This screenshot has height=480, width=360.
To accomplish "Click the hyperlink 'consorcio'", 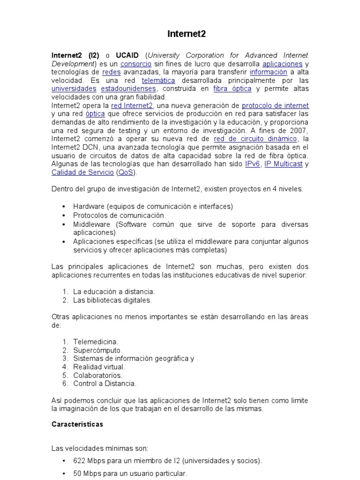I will [135, 64].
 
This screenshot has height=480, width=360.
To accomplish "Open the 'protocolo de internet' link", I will [275, 105].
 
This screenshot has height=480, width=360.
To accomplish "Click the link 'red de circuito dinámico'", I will [255, 139].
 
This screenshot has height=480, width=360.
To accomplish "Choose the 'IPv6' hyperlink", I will [252, 164].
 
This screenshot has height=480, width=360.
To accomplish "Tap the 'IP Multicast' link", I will [283, 164].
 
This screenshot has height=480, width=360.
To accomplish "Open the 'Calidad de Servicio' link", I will [82, 172].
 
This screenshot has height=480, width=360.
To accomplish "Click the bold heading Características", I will [77, 424].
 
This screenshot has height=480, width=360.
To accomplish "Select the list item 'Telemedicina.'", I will [96, 342].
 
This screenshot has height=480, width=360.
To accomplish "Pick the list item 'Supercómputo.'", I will [97, 350].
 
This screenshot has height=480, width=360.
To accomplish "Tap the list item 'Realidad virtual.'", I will [99, 367].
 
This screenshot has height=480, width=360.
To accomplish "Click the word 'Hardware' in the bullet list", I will [88, 206].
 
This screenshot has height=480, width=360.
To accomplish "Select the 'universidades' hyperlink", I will [74, 89].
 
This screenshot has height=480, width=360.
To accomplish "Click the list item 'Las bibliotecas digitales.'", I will [112, 300].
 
